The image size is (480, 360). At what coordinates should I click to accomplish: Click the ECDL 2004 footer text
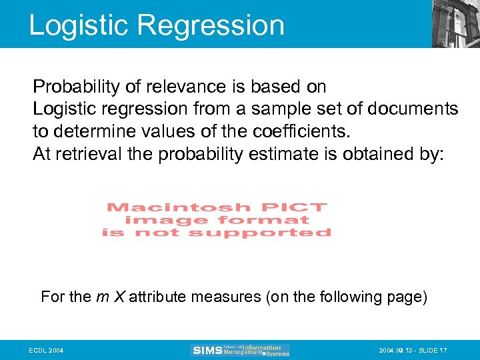click(x=47, y=350)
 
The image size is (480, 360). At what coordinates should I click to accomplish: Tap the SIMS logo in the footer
click(x=206, y=350)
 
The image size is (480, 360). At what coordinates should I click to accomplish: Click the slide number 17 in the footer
click(x=443, y=350)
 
